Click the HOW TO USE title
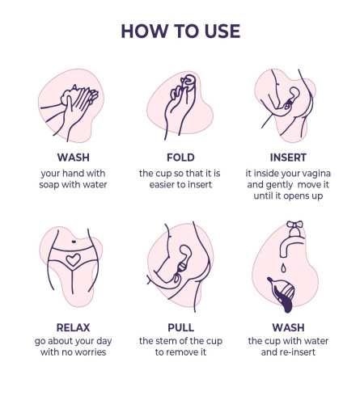coord(180,31)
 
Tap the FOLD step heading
coord(180,158)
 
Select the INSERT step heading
coord(288,158)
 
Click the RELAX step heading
coord(73,327)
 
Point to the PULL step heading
coord(180,327)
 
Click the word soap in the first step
coord(49,185)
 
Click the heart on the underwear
coord(73,260)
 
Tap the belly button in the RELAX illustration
coord(74,242)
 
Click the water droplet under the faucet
coord(283,268)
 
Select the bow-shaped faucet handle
coord(294,225)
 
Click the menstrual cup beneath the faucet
coord(282,293)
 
